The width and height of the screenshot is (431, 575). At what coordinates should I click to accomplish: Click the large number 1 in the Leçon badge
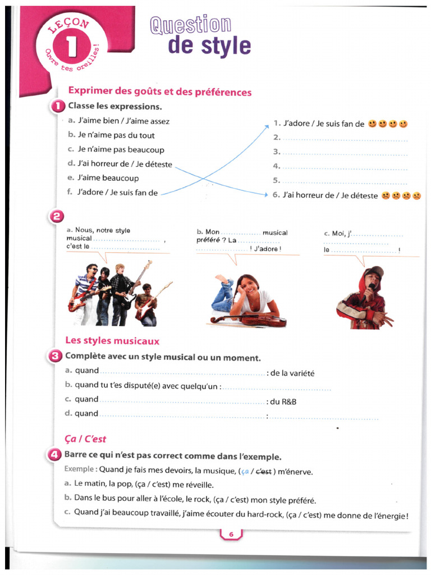click(x=71, y=47)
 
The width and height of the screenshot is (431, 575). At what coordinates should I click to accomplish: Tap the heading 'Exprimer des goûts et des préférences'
click(x=159, y=92)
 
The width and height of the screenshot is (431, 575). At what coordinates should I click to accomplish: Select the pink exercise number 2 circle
click(x=58, y=216)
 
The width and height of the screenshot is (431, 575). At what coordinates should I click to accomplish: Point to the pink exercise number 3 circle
click(x=56, y=356)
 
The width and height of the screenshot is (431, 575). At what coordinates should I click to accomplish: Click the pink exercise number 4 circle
click(x=55, y=456)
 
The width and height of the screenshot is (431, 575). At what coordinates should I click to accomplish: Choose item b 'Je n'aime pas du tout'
click(x=116, y=135)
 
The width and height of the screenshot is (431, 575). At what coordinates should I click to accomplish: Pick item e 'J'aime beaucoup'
click(x=108, y=178)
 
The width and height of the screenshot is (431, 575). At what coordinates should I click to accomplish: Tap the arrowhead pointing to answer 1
click(x=268, y=126)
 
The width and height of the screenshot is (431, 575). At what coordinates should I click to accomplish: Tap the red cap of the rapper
click(x=374, y=271)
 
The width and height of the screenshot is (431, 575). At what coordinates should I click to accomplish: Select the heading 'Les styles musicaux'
click(x=112, y=341)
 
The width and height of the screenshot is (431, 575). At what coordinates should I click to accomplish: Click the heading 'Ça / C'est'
click(x=85, y=439)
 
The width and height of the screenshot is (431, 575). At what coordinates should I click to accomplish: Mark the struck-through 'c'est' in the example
click(x=263, y=472)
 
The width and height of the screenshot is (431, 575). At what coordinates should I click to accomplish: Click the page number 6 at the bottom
click(x=231, y=535)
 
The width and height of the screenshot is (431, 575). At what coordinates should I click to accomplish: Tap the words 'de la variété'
click(x=292, y=373)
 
